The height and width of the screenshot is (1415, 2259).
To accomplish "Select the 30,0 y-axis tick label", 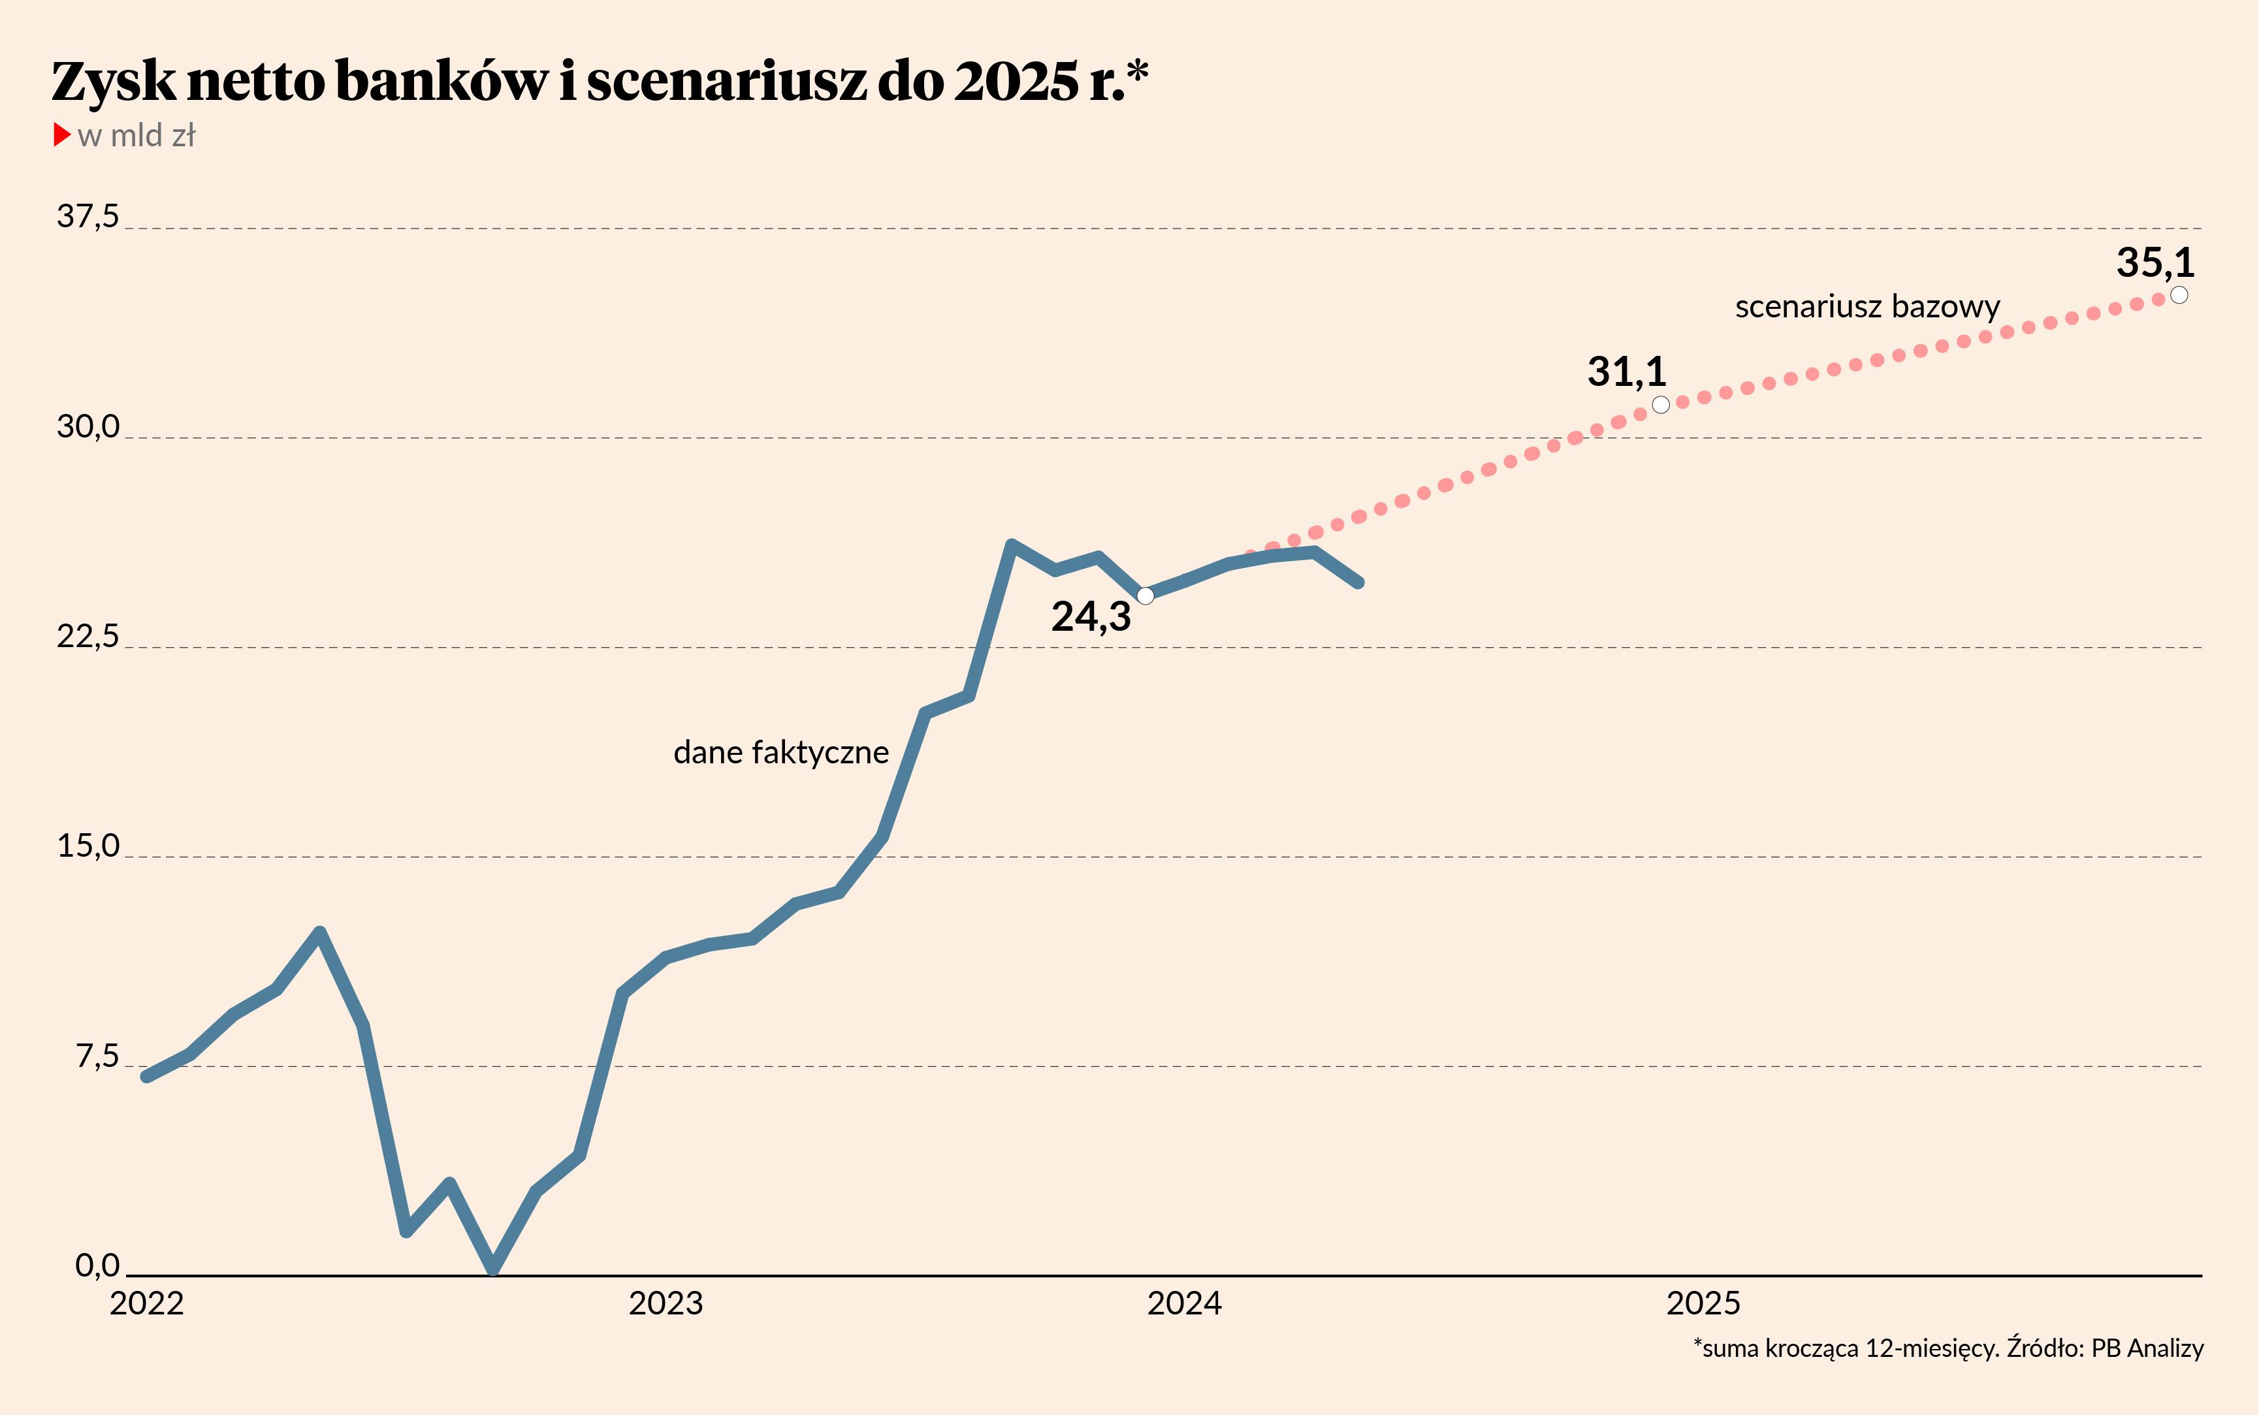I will [88, 427].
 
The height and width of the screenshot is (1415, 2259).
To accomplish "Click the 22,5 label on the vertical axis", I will [88, 637].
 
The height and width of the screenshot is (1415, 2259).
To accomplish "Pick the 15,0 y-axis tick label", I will [88, 846].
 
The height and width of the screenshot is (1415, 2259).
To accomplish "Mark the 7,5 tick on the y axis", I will [97, 1056].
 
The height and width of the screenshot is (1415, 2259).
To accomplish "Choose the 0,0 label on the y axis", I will [97, 1265].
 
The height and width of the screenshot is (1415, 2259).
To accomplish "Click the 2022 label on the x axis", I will [146, 1303].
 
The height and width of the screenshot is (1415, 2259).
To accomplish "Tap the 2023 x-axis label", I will [665, 1303].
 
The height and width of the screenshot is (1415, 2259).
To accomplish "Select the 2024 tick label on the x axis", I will [1184, 1303].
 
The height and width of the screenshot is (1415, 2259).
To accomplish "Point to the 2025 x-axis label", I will [1703, 1303].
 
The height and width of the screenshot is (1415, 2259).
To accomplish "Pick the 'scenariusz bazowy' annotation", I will [1867, 307].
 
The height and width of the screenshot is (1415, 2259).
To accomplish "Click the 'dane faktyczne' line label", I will [780, 752].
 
